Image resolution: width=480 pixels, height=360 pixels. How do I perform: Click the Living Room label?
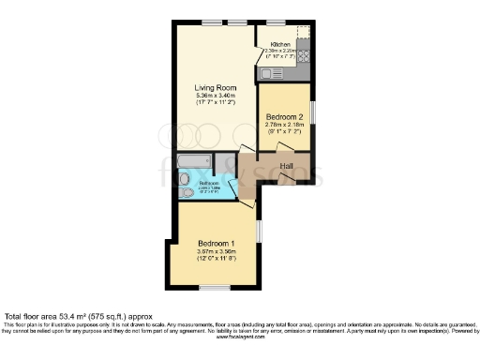click(213, 89)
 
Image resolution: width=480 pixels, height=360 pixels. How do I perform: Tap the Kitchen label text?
click(280, 44)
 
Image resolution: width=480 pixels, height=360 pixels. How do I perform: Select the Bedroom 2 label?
click(282, 117)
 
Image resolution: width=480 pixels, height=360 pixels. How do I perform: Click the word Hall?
click(287, 166)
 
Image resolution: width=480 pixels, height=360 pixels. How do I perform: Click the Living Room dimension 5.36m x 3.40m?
click(213, 97)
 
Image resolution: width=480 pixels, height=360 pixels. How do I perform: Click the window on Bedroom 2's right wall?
click(313, 111)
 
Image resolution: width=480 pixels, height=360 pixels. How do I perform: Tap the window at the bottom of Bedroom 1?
click(216, 287)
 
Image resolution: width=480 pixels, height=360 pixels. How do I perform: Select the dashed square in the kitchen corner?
click(303, 34)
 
